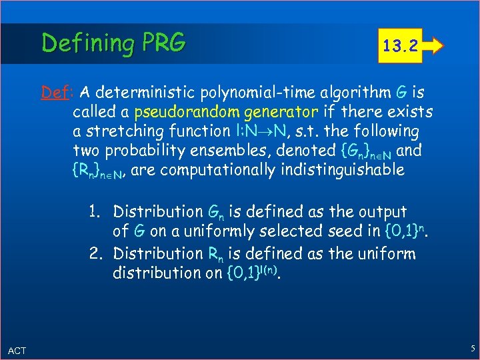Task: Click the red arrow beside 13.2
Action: (x=434, y=46)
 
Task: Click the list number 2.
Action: (x=94, y=254)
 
